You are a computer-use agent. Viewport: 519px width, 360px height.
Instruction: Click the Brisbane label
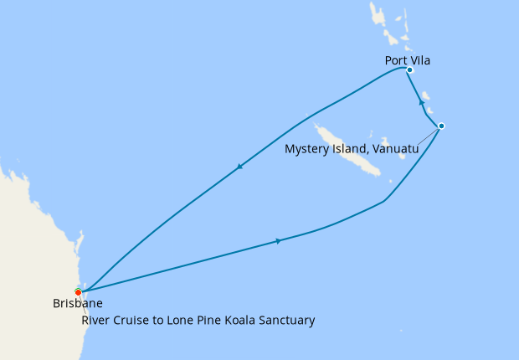click(x=77, y=305)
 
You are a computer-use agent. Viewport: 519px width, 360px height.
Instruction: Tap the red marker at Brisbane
click(x=78, y=292)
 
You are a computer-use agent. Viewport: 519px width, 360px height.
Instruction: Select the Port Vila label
click(x=409, y=59)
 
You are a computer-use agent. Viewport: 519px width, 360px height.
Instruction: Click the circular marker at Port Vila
click(x=409, y=70)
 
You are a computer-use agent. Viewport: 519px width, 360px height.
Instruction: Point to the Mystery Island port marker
click(x=441, y=126)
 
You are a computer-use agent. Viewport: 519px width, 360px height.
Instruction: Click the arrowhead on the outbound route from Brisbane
click(x=279, y=241)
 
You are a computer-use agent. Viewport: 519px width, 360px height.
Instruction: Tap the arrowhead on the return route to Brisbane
click(x=239, y=167)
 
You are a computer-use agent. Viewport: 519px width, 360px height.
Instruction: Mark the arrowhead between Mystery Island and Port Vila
click(x=421, y=101)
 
